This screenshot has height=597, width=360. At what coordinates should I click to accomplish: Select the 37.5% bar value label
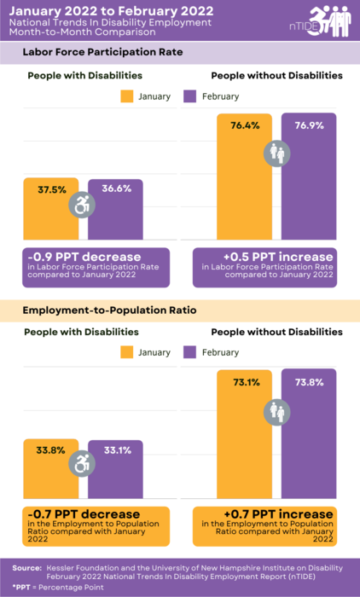(x=52, y=189)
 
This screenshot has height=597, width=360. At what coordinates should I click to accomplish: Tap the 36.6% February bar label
(x=117, y=188)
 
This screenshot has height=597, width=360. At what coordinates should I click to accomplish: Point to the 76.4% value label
(x=244, y=125)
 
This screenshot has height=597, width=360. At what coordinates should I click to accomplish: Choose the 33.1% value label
(x=117, y=449)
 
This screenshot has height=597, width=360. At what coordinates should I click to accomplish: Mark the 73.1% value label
(x=244, y=383)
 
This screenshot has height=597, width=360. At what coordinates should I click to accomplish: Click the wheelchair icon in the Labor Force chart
(x=84, y=205)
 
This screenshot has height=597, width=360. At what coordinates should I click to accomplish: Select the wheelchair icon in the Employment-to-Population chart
(x=84, y=463)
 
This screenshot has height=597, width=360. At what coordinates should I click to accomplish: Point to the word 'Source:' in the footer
(x=27, y=567)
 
